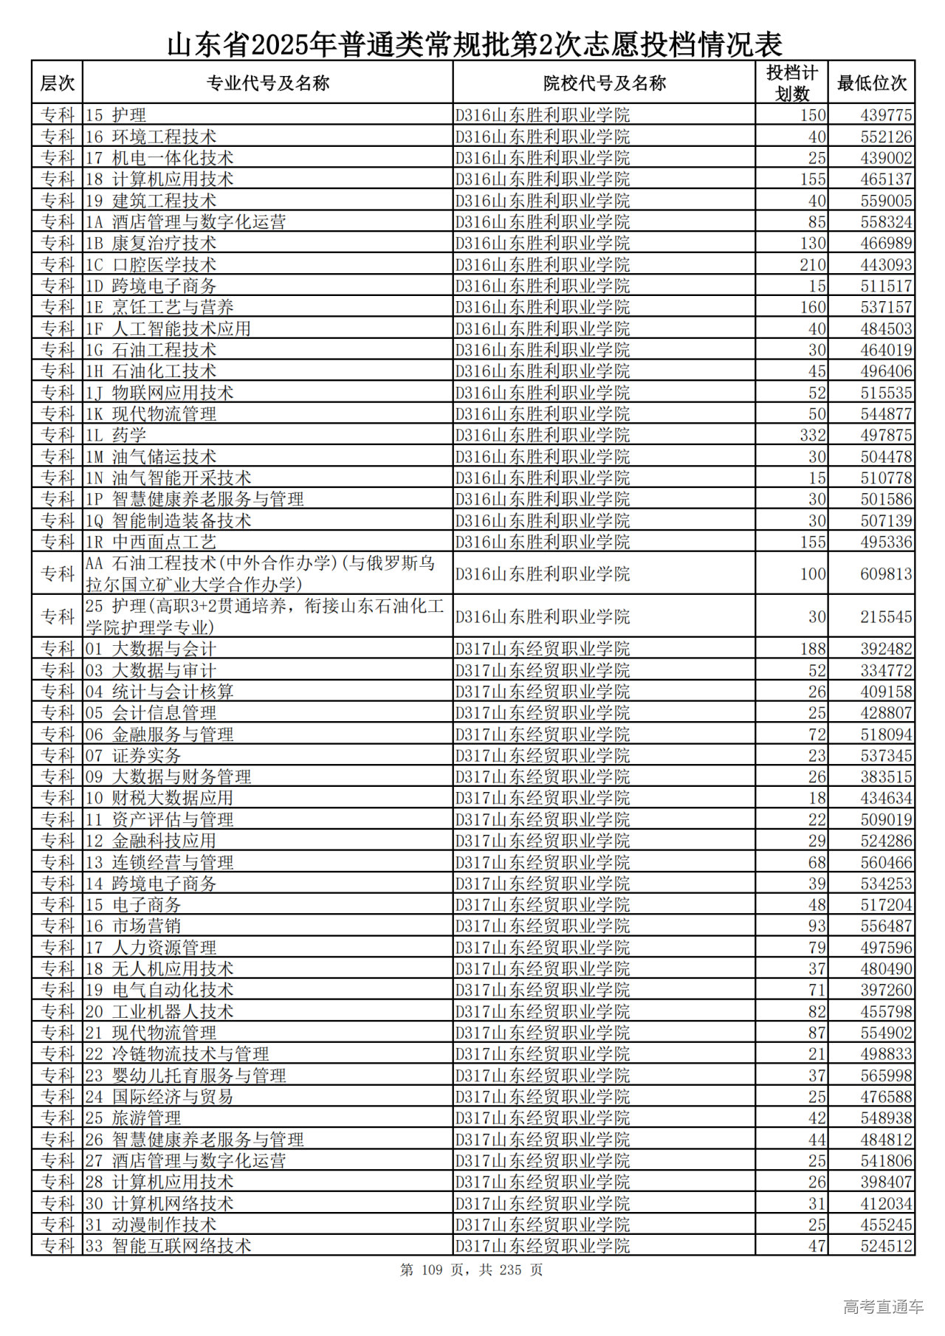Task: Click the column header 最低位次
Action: tap(871, 83)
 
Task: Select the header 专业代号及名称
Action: tap(267, 83)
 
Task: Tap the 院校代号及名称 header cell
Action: tap(604, 83)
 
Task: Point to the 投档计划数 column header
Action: tap(791, 83)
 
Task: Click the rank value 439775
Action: tap(885, 115)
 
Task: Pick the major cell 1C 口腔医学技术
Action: tap(151, 264)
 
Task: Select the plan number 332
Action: tap(812, 435)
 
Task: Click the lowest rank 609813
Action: tap(885, 574)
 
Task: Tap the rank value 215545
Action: tap(885, 616)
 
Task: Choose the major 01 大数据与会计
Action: tap(151, 649)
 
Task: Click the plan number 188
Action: tap(812, 649)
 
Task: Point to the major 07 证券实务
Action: tap(133, 755)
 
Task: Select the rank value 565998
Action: tap(885, 1075)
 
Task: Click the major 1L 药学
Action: tap(116, 435)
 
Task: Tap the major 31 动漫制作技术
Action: tap(151, 1225)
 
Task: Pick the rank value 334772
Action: tap(885, 670)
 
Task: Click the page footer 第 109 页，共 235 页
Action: tap(472, 1270)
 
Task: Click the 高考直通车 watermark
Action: tap(883, 1306)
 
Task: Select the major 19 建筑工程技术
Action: tap(151, 201)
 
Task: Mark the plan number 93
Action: tap(817, 926)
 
